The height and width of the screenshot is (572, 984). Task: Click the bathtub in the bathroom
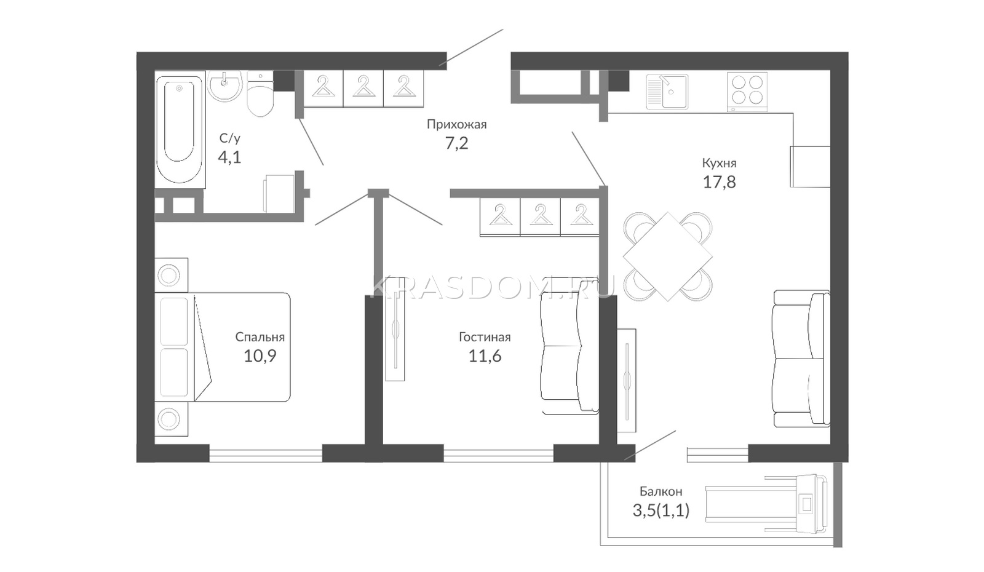(x=180, y=130)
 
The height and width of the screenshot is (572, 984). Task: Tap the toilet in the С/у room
(x=260, y=94)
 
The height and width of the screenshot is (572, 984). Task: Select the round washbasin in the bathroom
(x=225, y=85)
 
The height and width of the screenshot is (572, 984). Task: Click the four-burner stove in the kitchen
(x=747, y=92)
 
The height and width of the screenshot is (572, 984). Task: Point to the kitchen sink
(x=667, y=92)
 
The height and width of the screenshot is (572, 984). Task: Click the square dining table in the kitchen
(x=668, y=256)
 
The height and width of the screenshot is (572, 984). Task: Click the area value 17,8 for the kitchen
(x=719, y=182)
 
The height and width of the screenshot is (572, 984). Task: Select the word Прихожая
(x=457, y=124)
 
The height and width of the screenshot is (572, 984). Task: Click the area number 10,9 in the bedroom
(x=260, y=356)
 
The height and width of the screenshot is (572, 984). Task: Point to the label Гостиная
(x=485, y=337)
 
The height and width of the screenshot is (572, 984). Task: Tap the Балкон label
(x=661, y=491)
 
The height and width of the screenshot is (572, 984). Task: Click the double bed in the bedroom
(x=222, y=347)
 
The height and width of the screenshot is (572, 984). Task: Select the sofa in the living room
(x=569, y=346)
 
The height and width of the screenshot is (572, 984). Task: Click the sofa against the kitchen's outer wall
(x=801, y=358)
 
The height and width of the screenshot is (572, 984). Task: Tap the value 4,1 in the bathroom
(x=229, y=157)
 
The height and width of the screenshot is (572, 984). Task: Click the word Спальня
(x=260, y=337)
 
